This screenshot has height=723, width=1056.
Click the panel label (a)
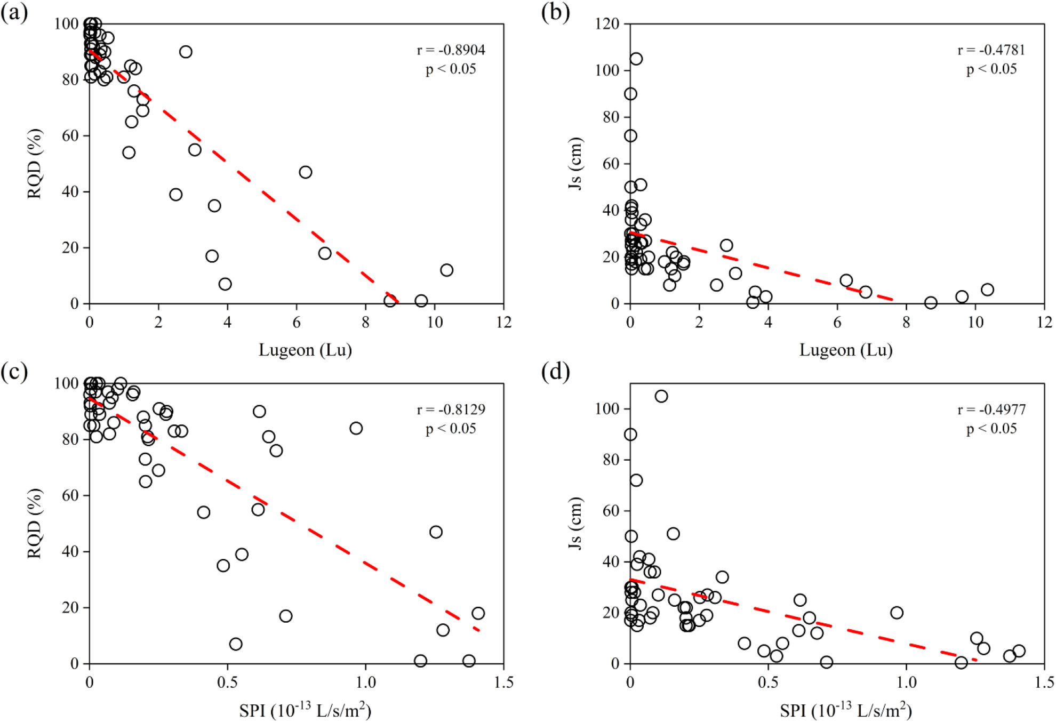pos(14,12)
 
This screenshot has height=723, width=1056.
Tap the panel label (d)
pos(555,372)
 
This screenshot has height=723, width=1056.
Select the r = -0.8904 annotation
pos(451,50)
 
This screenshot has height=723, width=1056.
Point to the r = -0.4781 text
pos(991,50)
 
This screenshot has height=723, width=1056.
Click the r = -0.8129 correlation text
pos(451,409)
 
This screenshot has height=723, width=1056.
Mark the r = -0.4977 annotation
pos(991,409)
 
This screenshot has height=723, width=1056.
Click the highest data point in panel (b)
pos(636,59)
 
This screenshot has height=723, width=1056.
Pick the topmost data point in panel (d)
pos(661,396)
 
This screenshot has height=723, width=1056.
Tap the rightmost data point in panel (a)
pos(447,270)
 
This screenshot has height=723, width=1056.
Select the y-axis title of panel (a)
pos(35,164)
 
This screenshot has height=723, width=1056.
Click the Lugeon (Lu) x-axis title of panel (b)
pos(846,350)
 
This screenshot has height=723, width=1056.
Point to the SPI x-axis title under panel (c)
pos(305,710)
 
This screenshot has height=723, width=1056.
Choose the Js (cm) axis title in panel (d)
pos(575,523)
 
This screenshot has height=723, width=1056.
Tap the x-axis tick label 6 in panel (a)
pos(297,322)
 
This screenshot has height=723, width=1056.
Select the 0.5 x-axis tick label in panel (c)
pos(227,682)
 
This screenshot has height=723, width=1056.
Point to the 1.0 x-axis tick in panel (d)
pos(906,682)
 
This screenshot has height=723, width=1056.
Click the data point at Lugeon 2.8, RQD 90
pos(186,52)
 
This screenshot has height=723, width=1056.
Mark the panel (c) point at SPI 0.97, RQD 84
pos(356,428)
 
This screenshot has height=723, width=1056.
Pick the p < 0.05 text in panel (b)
pos(991,69)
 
